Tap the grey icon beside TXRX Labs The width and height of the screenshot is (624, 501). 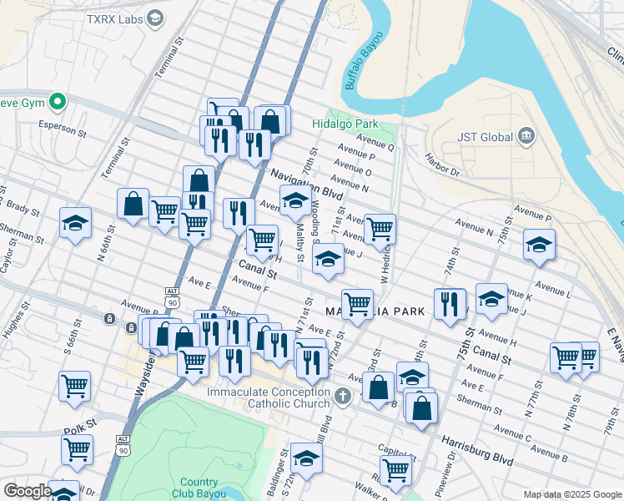[x=154, y=18]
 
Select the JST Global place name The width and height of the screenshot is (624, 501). [x=483, y=136]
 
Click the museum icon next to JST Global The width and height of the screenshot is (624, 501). [x=526, y=136]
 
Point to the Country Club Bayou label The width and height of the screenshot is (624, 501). [x=199, y=488]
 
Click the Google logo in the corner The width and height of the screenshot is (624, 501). [x=28, y=491]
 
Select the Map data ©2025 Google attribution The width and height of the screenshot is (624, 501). [x=572, y=494]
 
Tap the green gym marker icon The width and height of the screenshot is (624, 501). [x=58, y=103]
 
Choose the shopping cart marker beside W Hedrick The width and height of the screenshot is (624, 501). [x=380, y=227]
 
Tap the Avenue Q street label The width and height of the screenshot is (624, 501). [x=375, y=142]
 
